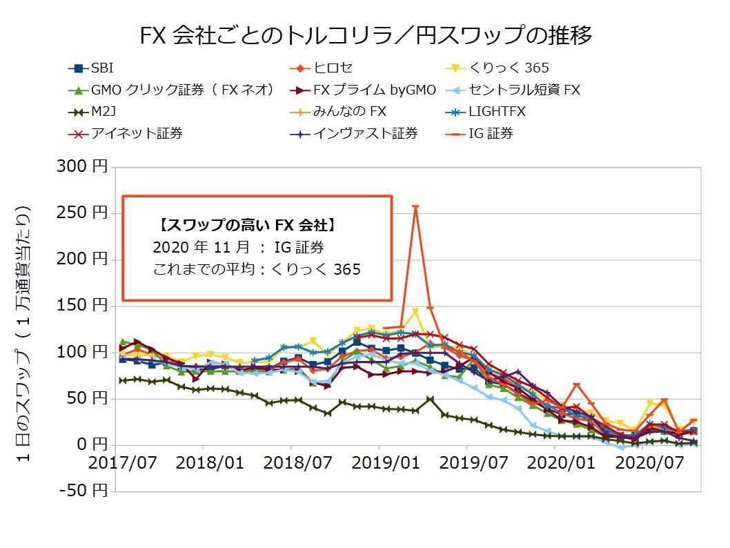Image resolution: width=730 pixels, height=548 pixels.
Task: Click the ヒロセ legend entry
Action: pos(333,68)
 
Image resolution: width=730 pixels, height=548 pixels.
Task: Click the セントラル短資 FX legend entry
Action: pos(524,90)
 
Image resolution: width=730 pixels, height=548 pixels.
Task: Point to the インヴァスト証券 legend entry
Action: pos(366,134)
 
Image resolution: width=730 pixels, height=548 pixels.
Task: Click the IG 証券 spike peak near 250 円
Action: pos(415,206)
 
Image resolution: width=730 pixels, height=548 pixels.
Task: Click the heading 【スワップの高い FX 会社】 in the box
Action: pos(247,224)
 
